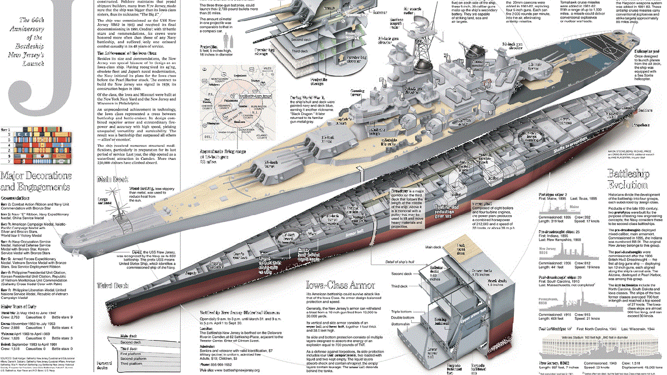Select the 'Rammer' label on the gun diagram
point(365,11)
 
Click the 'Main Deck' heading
point(113,180)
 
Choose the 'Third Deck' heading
point(113,285)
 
